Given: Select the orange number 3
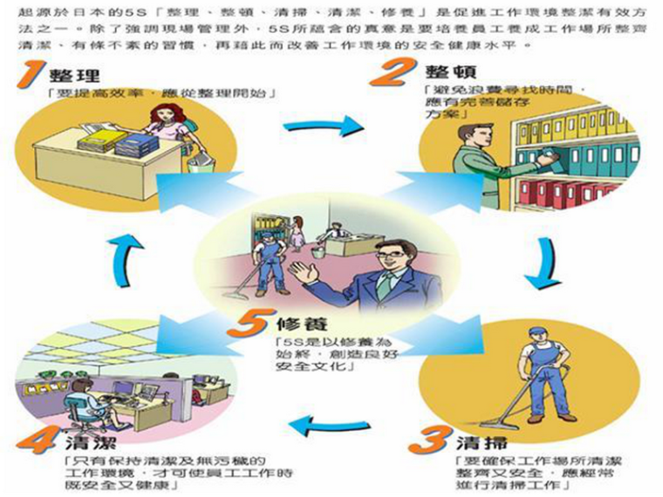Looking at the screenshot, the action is point(427,437).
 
